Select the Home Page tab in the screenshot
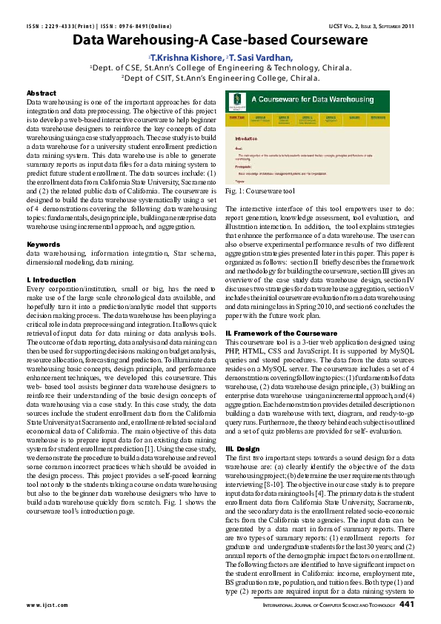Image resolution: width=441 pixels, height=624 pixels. pyautogui.click(x=236, y=117)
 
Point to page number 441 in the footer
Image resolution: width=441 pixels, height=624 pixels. pyautogui.click(x=406, y=604)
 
